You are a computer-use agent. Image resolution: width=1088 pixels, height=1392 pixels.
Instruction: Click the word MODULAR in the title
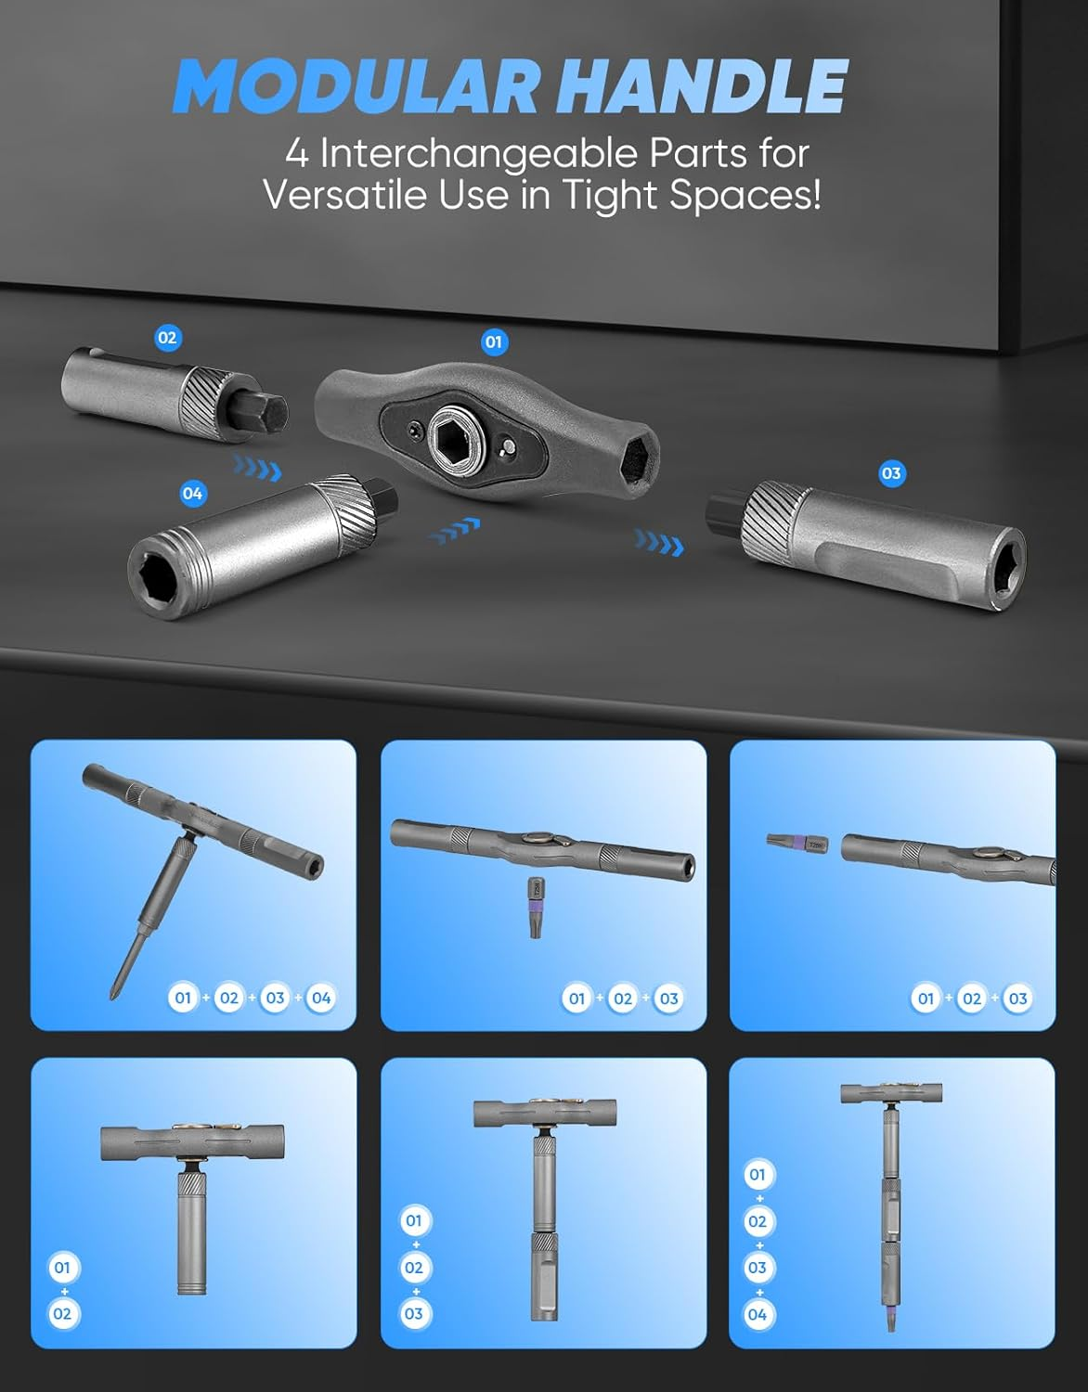(x=356, y=85)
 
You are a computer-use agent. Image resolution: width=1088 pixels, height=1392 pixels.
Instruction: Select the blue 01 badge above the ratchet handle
(x=493, y=342)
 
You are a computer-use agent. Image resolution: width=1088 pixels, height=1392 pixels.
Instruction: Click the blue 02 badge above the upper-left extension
(x=167, y=338)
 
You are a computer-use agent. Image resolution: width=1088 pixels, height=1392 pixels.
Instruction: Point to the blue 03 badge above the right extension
(x=891, y=473)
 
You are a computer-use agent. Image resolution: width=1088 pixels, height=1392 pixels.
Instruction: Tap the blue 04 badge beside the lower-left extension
(x=192, y=494)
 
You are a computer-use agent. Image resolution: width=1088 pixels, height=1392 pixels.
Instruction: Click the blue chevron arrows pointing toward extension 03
(x=659, y=543)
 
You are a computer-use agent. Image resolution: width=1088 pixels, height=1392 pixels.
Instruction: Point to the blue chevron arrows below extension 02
(x=257, y=467)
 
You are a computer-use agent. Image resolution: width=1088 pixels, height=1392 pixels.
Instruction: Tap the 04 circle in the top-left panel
(x=321, y=998)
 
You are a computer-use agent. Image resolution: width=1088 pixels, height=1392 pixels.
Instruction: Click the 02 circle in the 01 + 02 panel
(x=62, y=1314)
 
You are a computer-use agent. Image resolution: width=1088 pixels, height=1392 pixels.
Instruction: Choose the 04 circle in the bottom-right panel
(x=758, y=1315)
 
